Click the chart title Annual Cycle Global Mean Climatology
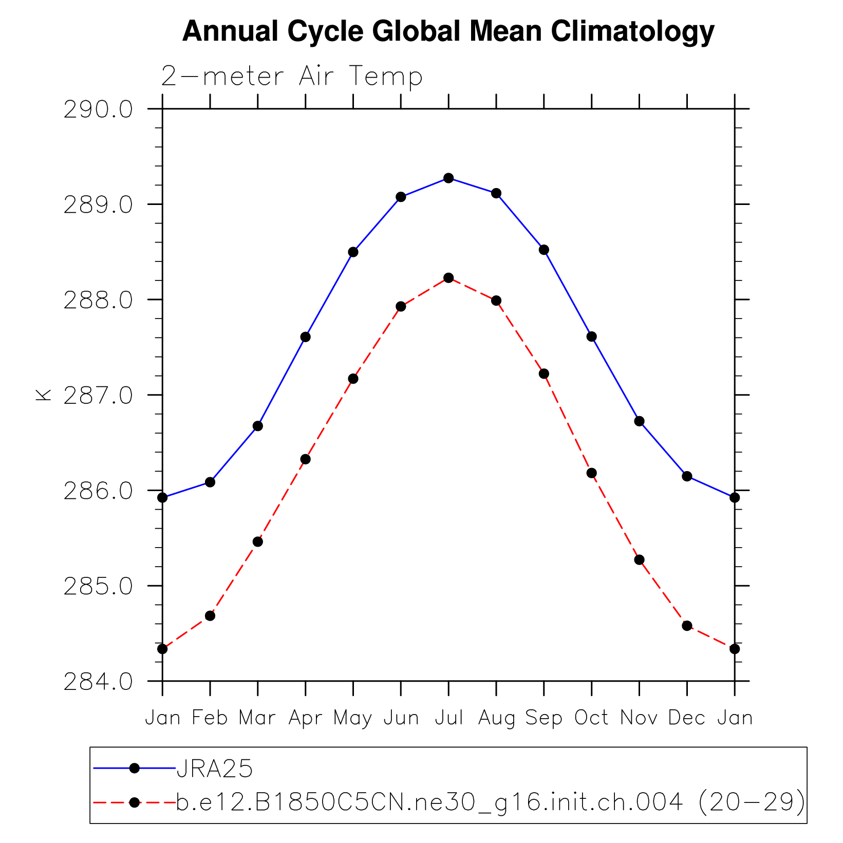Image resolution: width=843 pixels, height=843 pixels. tap(448, 32)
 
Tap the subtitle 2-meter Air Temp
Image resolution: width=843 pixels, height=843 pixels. tap(292, 77)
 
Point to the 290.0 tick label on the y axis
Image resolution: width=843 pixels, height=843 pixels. tap(98, 110)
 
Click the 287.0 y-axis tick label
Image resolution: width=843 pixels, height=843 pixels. tap(98, 396)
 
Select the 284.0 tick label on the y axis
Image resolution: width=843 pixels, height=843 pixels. tap(98, 682)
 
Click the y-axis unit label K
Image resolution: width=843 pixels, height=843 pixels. tap(43, 395)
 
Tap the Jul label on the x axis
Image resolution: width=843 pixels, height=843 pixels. tap(449, 718)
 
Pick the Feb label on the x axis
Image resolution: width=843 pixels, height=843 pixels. tap(210, 718)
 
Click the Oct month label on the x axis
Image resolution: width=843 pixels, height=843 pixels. tap(591, 718)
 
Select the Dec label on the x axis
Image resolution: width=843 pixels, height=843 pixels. tap(687, 718)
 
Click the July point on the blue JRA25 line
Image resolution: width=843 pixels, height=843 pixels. tap(448, 178)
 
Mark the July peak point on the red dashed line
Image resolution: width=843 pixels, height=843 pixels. tap(448, 278)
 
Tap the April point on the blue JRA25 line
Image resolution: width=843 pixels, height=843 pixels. tap(306, 337)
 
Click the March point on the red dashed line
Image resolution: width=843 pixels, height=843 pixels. tap(258, 542)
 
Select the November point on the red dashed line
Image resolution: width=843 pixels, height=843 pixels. tap(639, 560)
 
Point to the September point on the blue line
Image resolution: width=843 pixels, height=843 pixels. tap(544, 250)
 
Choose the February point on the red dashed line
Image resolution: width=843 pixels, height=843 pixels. tap(210, 616)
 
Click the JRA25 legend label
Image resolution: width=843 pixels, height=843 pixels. tap(215, 769)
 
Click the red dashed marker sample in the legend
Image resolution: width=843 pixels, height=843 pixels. tap(135, 802)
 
